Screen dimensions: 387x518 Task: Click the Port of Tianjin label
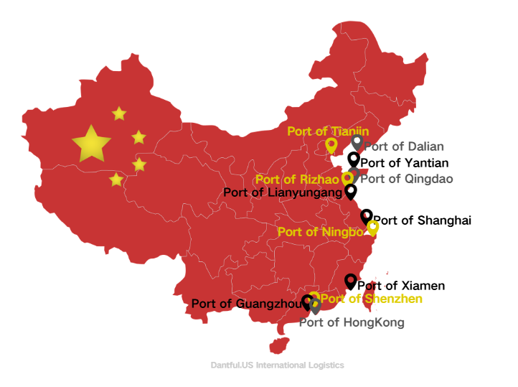(328, 131)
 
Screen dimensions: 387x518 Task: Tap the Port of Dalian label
(403, 146)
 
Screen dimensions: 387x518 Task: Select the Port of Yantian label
(405, 163)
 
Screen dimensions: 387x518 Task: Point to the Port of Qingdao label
(406, 179)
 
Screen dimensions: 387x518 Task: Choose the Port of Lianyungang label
(282, 192)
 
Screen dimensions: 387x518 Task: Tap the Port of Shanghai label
(422, 220)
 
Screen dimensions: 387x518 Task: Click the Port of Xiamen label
(401, 286)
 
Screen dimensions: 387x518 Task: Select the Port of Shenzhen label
(371, 299)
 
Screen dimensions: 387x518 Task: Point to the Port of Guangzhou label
(245, 304)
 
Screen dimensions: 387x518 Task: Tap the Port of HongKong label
(352, 322)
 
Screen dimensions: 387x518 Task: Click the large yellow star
(92, 144)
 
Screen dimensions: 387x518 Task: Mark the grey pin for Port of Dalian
(357, 142)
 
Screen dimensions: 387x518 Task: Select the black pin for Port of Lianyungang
(351, 192)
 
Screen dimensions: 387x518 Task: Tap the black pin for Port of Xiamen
(350, 281)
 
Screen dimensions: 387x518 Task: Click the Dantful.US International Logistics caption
(277, 365)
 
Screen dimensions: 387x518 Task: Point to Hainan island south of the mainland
(278, 345)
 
